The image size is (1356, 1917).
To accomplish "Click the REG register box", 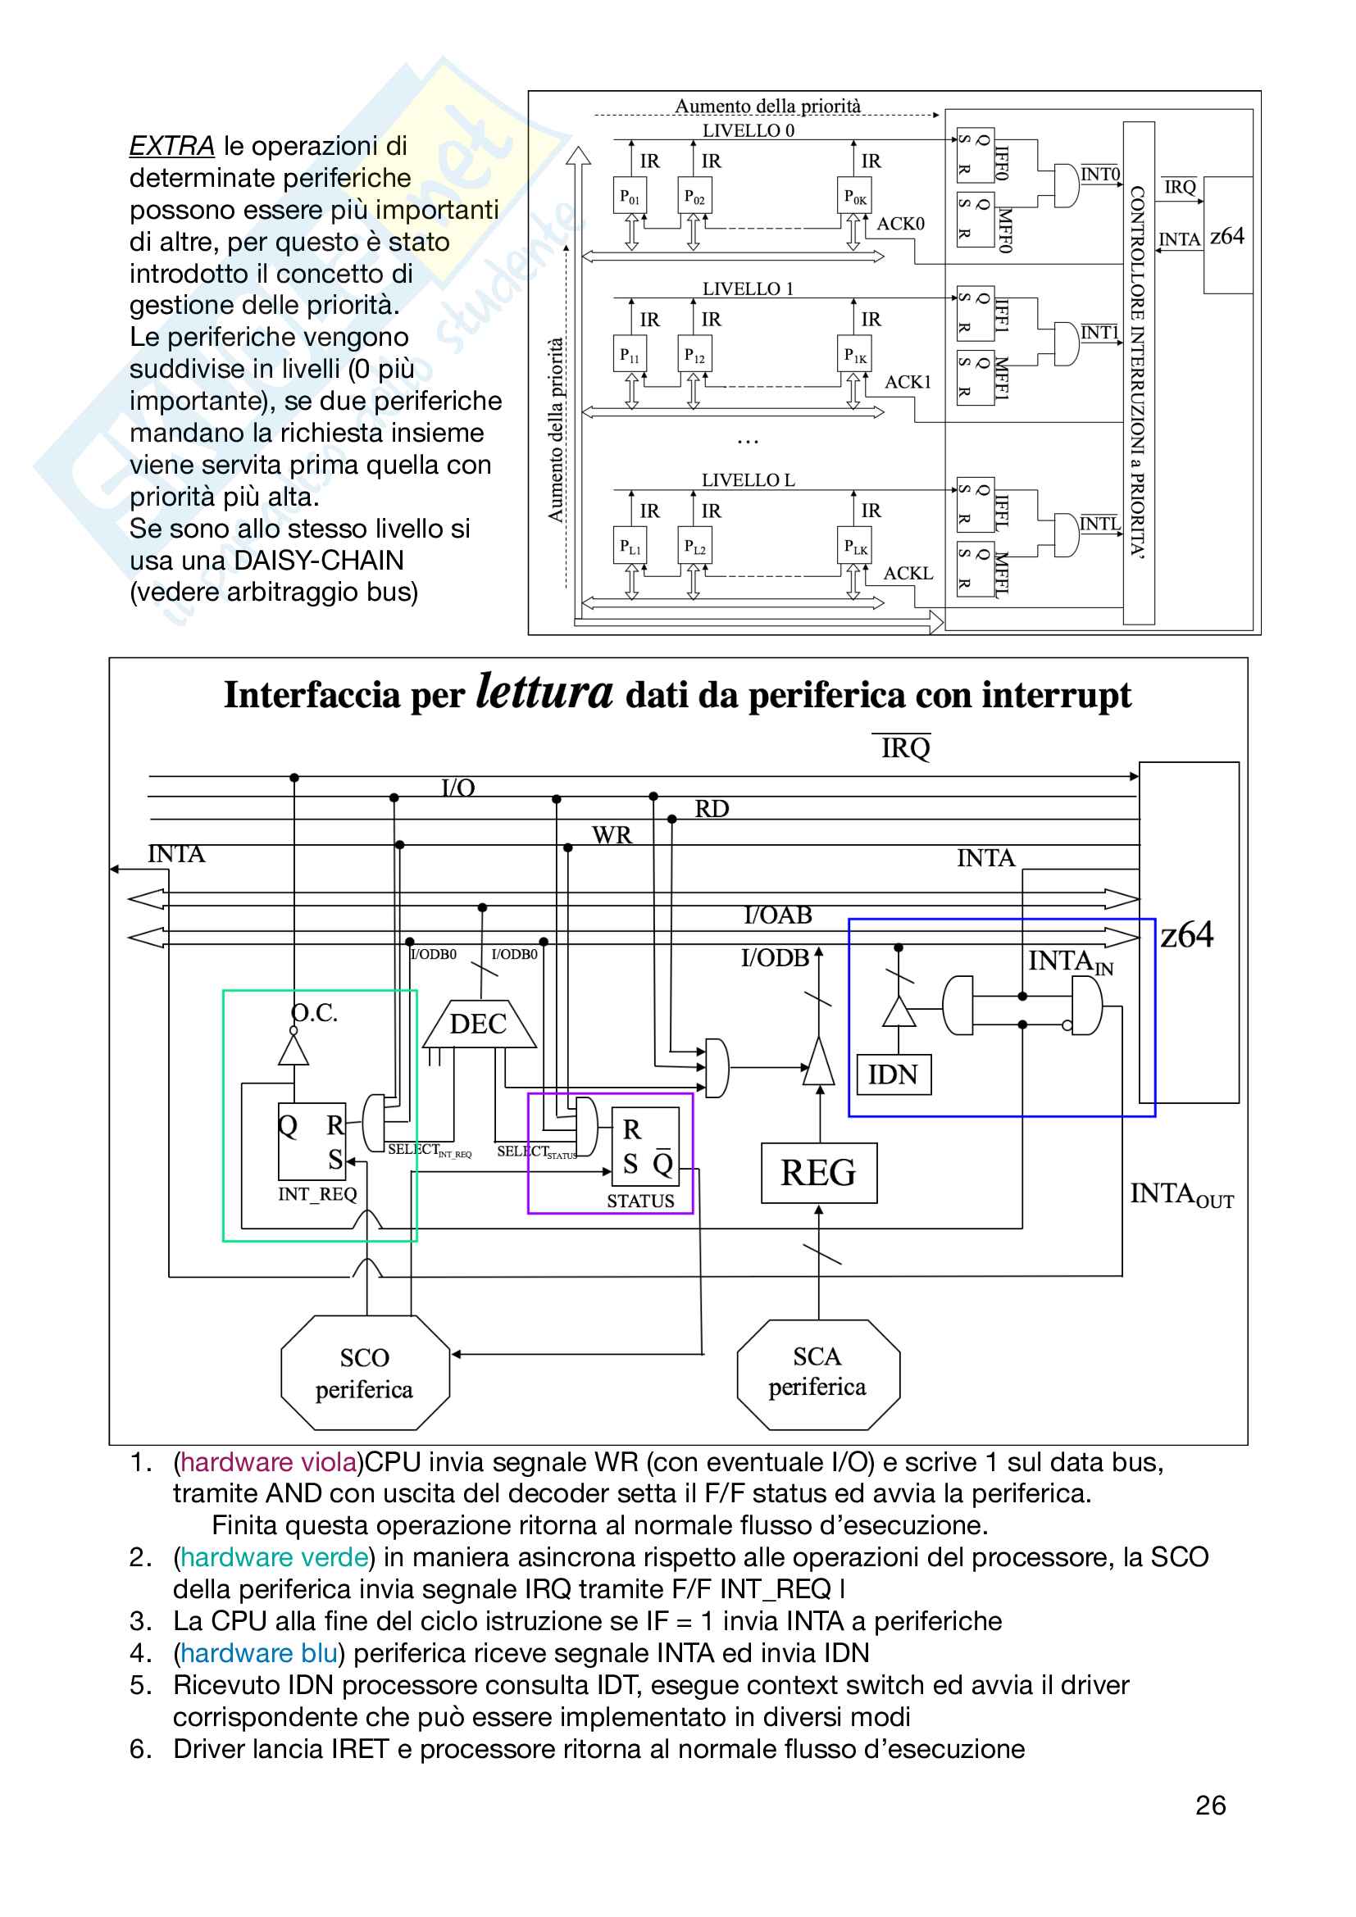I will (818, 1173).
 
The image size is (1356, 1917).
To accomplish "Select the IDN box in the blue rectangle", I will (894, 1074).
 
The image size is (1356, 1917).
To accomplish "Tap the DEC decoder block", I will (479, 1024).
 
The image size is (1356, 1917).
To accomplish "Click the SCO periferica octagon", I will (365, 1373).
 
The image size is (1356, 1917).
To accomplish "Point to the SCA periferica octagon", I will (817, 1372).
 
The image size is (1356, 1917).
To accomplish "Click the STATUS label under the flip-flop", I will (639, 1201).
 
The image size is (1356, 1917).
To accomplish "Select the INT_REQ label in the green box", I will (317, 1194).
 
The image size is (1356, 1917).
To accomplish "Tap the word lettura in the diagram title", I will (544, 693).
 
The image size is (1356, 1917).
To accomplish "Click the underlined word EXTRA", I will (172, 146).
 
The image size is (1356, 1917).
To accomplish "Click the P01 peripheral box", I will (630, 196).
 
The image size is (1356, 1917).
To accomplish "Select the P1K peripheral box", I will (854, 355).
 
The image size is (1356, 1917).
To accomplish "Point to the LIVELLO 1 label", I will (748, 288).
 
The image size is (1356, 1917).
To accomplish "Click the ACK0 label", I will (900, 224).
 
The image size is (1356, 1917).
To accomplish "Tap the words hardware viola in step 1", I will (269, 1462).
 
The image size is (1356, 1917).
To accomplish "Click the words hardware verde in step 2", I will (275, 1557).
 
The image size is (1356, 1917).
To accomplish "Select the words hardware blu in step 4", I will (259, 1653).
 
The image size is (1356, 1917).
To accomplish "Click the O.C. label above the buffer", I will (315, 1013).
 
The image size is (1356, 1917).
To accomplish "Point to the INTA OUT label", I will (1181, 1195).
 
